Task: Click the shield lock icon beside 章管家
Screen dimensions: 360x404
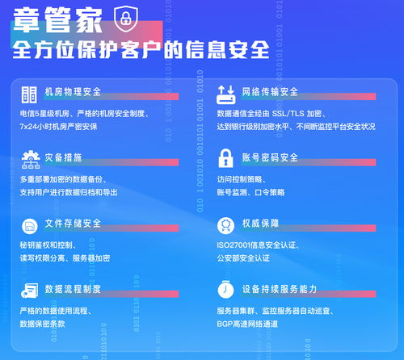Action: (x=123, y=18)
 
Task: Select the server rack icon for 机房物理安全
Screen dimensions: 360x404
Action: (x=29, y=92)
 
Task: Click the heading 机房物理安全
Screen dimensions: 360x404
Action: (x=73, y=91)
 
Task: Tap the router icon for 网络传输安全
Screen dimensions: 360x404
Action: (x=226, y=92)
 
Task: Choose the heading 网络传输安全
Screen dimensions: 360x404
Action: (x=270, y=91)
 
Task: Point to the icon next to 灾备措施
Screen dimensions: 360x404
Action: (x=29, y=157)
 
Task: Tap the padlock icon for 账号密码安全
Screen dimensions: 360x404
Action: (x=226, y=157)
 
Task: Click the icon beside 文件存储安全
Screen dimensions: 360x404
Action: (x=29, y=224)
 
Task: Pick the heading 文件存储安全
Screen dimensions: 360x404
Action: (x=73, y=224)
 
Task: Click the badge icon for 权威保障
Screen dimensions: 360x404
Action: (x=226, y=224)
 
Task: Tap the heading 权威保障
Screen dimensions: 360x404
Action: (x=260, y=224)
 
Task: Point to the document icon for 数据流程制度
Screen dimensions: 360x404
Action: (x=29, y=289)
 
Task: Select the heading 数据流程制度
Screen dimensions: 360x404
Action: (x=73, y=288)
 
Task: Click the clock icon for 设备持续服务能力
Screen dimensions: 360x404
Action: (x=226, y=289)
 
